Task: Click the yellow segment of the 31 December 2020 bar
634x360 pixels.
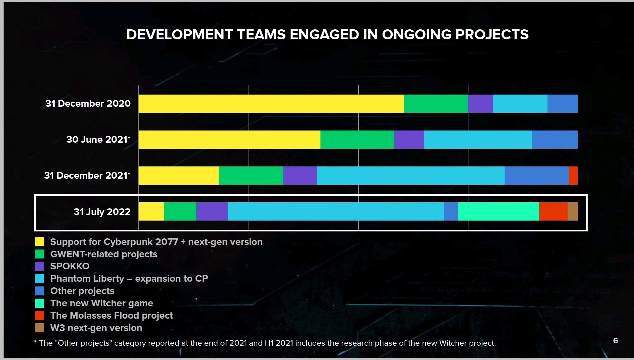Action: pyautogui.click(x=271, y=104)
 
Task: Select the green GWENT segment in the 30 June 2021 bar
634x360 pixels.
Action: pyautogui.click(x=357, y=140)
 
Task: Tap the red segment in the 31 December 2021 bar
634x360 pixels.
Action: pyautogui.click(x=573, y=176)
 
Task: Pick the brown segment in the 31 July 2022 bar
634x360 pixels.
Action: pyautogui.click(x=573, y=212)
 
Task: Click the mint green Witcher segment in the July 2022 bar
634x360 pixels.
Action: pyautogui.click(x=498, y=212)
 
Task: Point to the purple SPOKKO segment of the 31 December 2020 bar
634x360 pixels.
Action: pyautogui.click(x=480, y=104)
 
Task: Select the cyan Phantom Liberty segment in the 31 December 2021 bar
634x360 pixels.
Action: pyautogui.click(x=410, y=176)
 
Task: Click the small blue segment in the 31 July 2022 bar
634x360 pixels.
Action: pyautogui.click(x=451, y=212)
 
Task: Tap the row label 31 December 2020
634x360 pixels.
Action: pyautogui.click(x=88, y=104)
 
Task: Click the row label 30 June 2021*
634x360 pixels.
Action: pyautogui.click(x=98, y=140)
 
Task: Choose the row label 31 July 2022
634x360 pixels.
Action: pyautogui.click(x=102, y=212)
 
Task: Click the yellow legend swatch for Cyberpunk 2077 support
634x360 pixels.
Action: pyautogui.click(x=40, y=242)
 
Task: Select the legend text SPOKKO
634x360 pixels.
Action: pyautogui.click(x=70, y=266)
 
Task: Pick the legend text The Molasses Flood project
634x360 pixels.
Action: pyautogui.click(x=111, y=316)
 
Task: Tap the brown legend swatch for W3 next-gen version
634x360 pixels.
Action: pyautogui.click(x=40, y=328)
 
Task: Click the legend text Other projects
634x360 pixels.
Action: pyautogui.click(x=82, y=291)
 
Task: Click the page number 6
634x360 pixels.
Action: pyautogui.click(x=615, y=341)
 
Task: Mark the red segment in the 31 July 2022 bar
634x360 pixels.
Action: pyautogui.click(x=553, y=212)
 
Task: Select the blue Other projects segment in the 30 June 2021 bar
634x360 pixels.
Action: pyautogui.click(x=555, y=140)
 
